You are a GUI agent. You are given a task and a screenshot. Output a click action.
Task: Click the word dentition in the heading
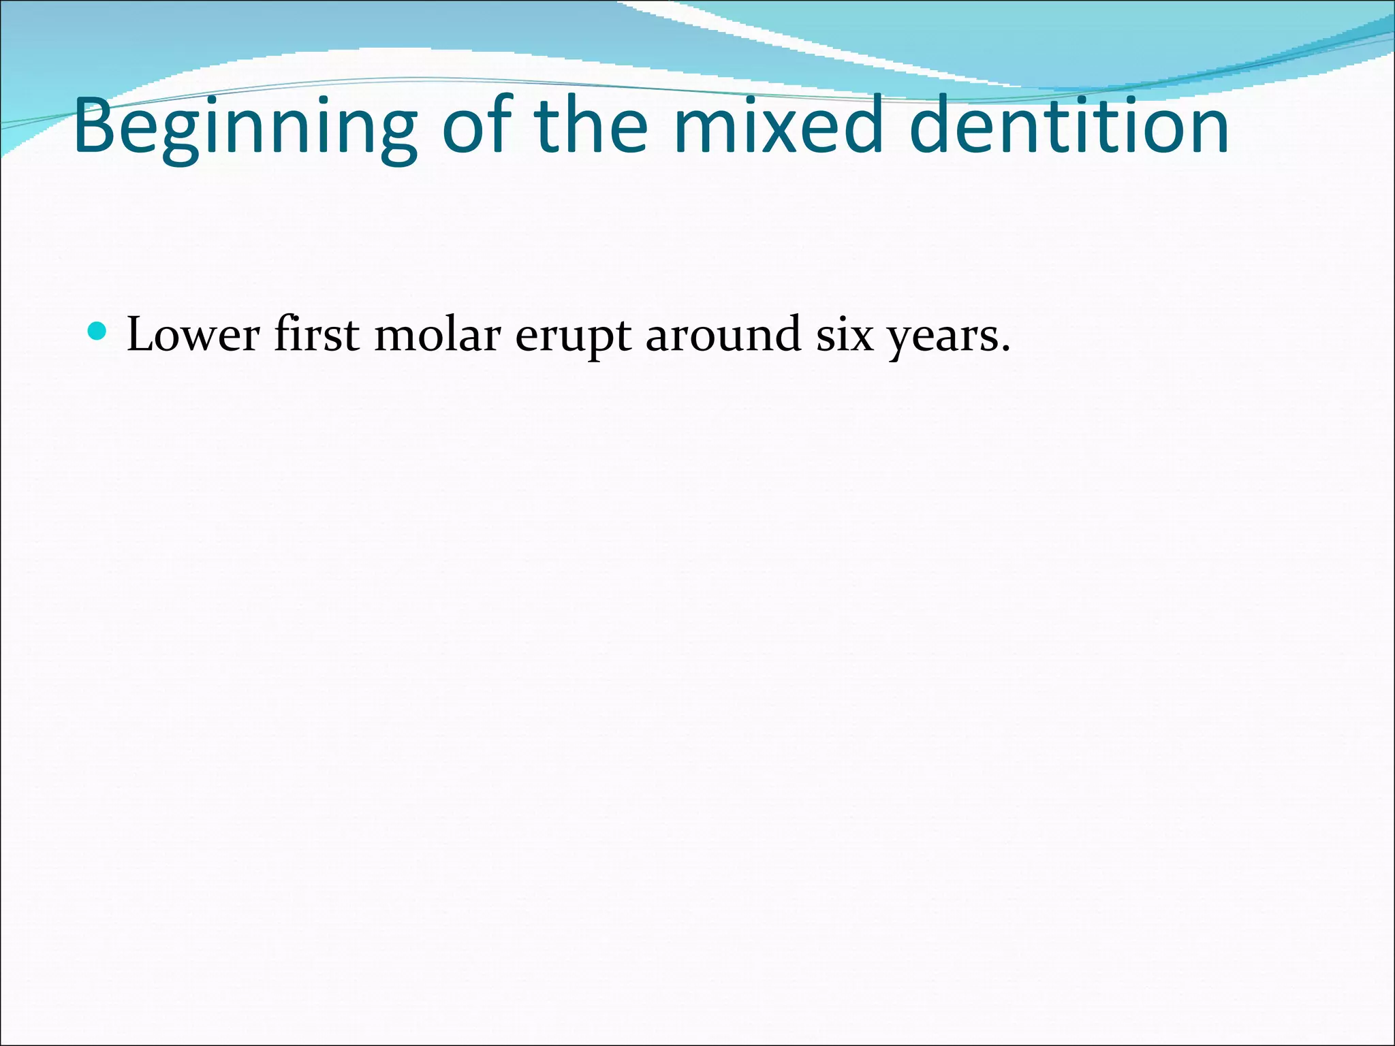point(1068,126)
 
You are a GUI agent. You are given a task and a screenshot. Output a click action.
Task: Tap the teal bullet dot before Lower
point(98,332)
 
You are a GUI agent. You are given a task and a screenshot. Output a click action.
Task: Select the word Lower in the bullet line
point(193,335)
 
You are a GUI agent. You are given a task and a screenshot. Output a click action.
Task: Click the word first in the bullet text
point(317,335)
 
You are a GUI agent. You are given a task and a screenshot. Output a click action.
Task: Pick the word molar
point(437,335)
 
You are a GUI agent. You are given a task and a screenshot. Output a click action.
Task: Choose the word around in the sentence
point(723,335)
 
